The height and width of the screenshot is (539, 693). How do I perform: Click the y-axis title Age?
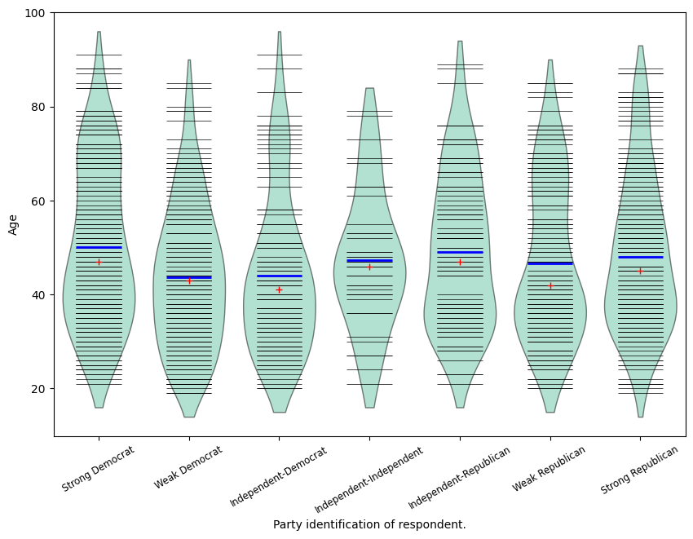pyautogui.click(x=13, y=224)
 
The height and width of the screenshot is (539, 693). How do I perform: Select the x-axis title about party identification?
pyautogui.click(x=369, y=524)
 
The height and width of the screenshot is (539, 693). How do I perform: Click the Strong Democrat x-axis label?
pyautogui.click(x=99, y=468)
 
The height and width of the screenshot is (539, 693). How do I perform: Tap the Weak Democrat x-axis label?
pyautogui.click(x=188, y=466)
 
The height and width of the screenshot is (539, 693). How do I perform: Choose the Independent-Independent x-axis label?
pyautogui.click(x=369, y=475)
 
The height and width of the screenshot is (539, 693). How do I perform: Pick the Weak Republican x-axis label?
pyautogui.click(x=550, y=468)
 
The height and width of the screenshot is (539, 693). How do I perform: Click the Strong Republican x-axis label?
pyautogui.click(x=640, y=470)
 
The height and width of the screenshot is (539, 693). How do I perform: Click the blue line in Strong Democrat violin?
pyautogui.click(x=99, y=247)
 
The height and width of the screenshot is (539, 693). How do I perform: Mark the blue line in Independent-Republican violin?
pyautogui.click(x=460, y=252)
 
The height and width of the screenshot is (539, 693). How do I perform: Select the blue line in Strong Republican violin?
pyautogui.click(x=640, y=257)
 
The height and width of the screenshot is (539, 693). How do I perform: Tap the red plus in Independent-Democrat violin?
pyautogui.click(x=279, y=289)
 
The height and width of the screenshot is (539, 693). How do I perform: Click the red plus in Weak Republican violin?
pyautogui.click(x=550, y=285)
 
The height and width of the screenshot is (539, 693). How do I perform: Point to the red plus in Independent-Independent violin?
pyautogui.click(x=369, y=267)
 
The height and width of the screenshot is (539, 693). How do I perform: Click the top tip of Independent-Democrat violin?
pyautogui.click(x=279, y=33)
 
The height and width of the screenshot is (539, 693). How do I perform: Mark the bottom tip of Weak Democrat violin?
pyautogui.click(x=189, y=417)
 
